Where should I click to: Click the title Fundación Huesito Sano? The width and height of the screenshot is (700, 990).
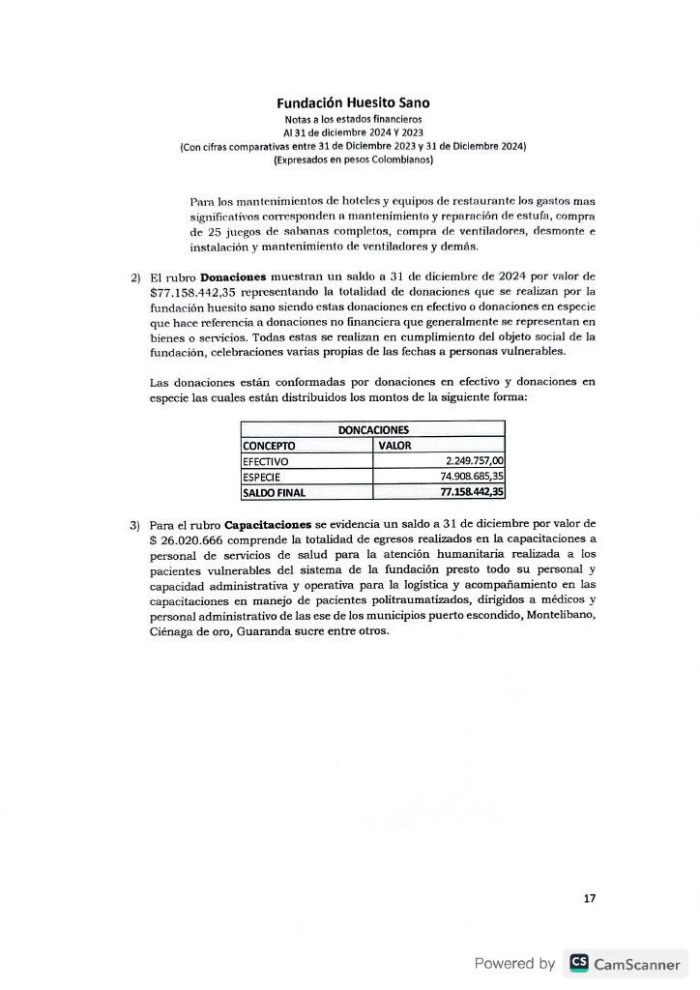point(353,102)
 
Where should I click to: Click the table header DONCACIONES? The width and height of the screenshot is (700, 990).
point(372,429)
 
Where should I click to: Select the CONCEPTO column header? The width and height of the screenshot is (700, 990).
point(269,446)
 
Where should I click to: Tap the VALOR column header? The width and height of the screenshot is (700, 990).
point(394,446)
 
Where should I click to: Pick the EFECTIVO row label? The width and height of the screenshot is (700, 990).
point(267,461)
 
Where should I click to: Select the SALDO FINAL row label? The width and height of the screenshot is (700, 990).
point(274,492)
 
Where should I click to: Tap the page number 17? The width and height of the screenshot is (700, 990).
point(590,899)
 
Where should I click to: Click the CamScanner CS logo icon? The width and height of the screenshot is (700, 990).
point(579,962)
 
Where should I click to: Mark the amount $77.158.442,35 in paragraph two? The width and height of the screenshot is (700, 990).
point(195,291)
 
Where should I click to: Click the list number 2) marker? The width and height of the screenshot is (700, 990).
point(135,278)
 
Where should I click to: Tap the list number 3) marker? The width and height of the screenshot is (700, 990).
point(135,524)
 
